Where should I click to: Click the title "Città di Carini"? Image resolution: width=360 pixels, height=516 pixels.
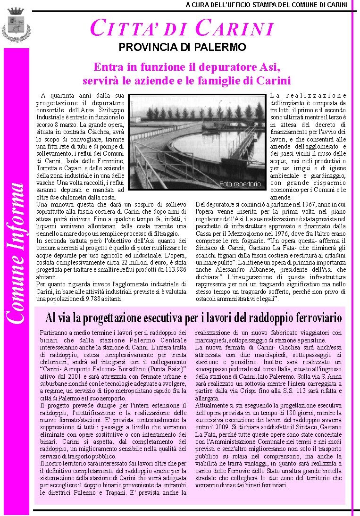point(182,28)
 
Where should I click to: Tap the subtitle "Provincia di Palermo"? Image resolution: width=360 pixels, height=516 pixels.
point(182,47)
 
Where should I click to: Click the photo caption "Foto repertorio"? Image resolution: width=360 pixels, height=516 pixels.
point(240,184)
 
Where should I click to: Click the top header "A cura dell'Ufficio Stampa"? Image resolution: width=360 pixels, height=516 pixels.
point(267,5)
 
